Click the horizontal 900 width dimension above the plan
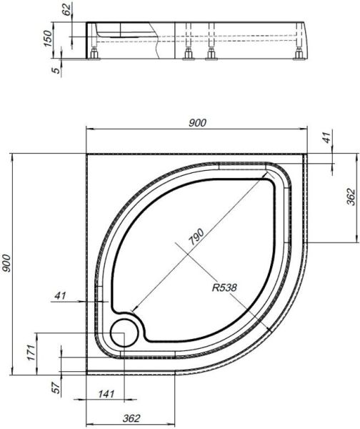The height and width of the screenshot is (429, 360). [x=198, y=123]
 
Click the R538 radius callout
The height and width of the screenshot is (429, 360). [x=224, y=289]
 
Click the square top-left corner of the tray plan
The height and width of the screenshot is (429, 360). [x=87, y=152]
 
